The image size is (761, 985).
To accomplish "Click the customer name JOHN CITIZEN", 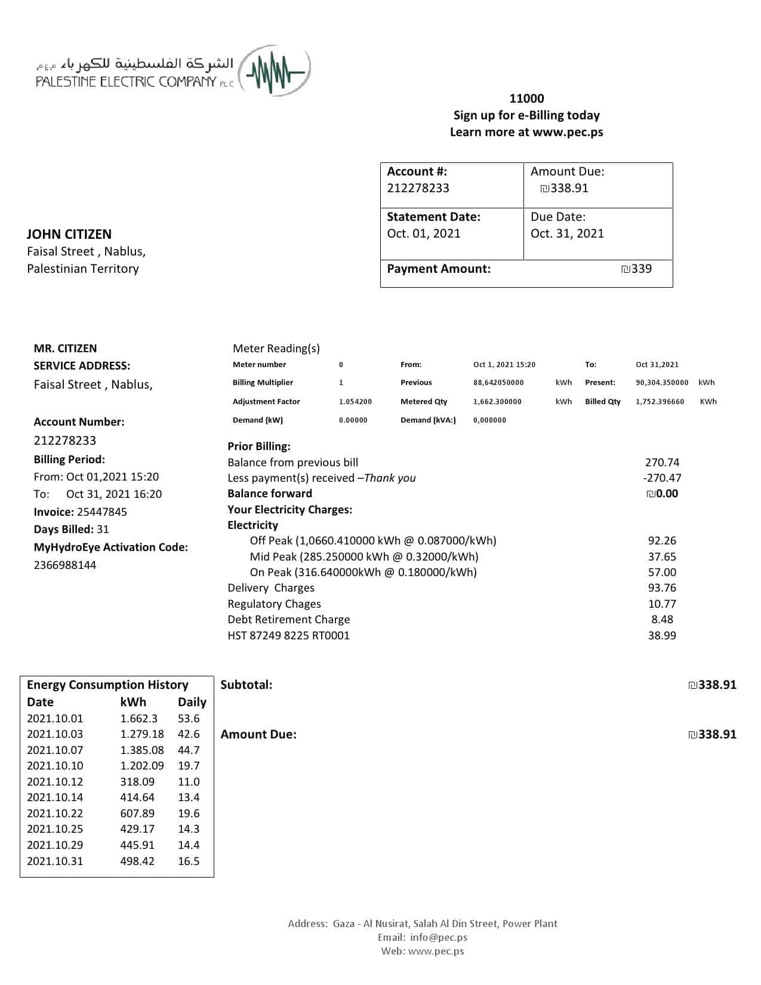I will click(69, 234).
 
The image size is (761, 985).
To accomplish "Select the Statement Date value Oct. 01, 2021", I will click(423, 233).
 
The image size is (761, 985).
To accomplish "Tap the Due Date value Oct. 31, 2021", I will click(567, 233).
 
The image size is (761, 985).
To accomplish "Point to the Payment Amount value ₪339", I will click(636, 269).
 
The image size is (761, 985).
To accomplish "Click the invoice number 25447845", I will click(102, 512).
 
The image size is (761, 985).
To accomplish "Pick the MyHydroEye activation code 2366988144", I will click(64, 565).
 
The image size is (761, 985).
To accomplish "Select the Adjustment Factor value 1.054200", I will click(355, 402).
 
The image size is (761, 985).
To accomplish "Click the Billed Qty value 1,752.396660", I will click(660, 402).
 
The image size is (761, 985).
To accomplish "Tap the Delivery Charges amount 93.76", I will click(662, 588).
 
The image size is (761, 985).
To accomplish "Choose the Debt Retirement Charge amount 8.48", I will click(662, 620).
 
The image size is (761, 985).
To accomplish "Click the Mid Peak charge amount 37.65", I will click(662, 556).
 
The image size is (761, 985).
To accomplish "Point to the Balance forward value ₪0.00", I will click(663, 494).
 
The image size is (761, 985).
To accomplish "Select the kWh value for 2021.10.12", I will click(137, 781).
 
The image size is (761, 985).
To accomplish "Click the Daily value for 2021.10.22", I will click(189, 813).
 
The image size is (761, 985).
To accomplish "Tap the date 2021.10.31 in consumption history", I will click(55, 861).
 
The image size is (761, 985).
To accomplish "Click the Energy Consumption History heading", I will click(107, 685).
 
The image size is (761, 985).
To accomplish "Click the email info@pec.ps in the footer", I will click(439, 937).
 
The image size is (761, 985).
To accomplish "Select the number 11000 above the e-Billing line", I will click(526, 98).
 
